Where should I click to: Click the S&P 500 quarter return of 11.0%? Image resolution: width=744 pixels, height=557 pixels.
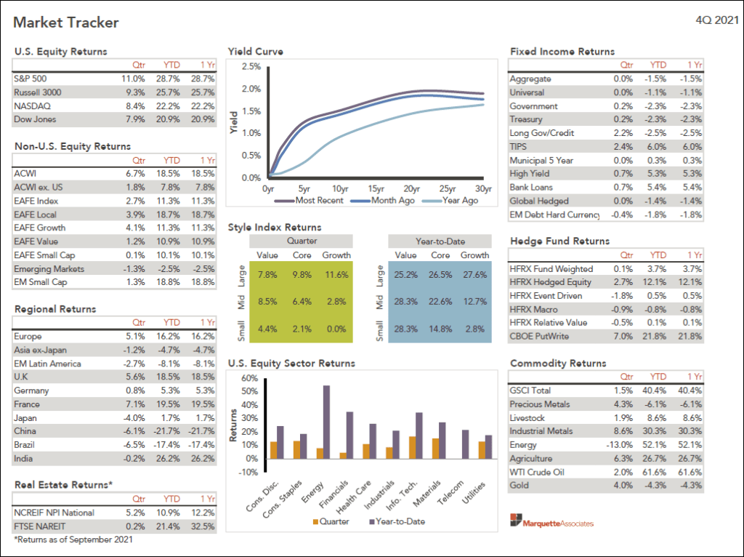coord(134,79)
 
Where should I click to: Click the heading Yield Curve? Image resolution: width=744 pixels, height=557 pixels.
coord(255,52)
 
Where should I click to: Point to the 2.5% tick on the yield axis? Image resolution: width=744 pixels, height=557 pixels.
coord(251,66)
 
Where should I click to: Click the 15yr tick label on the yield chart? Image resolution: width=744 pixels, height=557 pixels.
coord(376,188)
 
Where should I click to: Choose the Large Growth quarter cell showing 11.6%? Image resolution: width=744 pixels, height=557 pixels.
coord(336,275)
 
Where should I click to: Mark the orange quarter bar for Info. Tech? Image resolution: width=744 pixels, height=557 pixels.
coord(413,447)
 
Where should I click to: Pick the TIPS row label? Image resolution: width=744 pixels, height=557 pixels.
coord(519,147)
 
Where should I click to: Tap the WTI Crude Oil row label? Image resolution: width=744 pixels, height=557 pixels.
coord(538,472)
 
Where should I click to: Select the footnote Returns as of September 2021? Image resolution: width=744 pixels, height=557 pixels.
coord(73,540)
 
